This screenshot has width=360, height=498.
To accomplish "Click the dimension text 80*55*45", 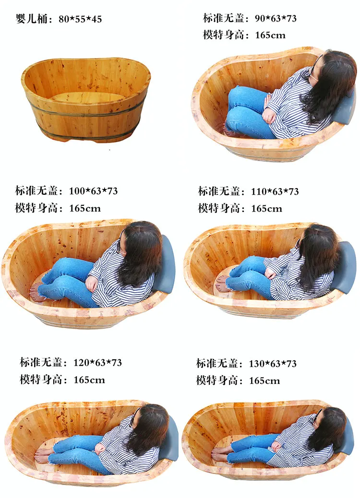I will (80, 20).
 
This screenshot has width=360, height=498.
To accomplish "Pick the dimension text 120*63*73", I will (97, 363).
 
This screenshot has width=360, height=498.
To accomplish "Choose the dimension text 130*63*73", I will (273, 364).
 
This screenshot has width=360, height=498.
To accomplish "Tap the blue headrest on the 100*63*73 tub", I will (168, 264).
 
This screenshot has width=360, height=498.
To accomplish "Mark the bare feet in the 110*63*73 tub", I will (222, 284).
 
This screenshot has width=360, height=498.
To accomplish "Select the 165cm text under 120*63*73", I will (89, 380).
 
